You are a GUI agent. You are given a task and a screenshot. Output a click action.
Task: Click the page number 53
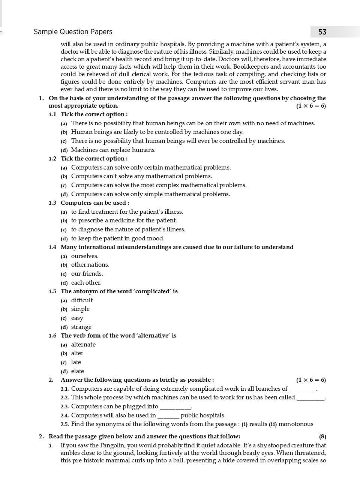[x=322, y=32]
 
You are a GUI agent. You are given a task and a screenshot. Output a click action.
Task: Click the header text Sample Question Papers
[x=73, y=32]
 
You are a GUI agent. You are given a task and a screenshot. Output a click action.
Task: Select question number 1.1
[x=52, y=114]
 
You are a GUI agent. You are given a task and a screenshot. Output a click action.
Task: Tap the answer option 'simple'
[x=80, y=309]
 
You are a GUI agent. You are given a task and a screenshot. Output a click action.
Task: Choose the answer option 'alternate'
[x=83, y=345]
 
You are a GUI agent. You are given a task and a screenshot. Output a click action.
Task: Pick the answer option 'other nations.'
[x=90, y=265]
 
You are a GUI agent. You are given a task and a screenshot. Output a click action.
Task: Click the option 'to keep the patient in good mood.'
[x=117, y=238]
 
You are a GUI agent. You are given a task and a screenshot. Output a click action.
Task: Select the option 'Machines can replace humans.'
[x=113, y=150]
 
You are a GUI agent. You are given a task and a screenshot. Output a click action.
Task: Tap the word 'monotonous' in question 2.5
[x=295, y=424]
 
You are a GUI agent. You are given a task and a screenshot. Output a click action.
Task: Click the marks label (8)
[x=322, y=436]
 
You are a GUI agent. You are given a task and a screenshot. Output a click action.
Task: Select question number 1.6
[x=52, y=336]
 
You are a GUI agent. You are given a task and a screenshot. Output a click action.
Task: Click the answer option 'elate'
[x=78, y=371]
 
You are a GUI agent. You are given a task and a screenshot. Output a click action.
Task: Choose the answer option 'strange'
[x=81, y=327]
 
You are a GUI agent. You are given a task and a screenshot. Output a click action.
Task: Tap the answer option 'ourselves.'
[x=85, y=256]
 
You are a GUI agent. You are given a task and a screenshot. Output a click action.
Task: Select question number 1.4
[x=52, y=247]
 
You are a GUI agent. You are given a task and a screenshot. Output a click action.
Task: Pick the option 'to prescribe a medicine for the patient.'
[x=124, y=220]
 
